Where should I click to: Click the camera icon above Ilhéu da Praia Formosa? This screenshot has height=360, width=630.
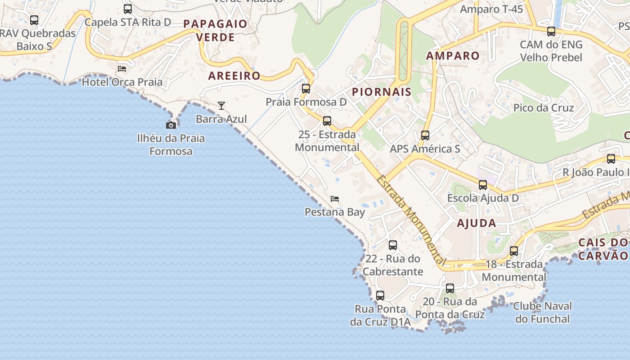pyautogui.click(x=171, y=125)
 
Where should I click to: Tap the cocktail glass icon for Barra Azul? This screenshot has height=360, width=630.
pyautogui.click(x=221, y=106)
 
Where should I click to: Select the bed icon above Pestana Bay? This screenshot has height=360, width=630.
pyautogui.click(x=335, y=199)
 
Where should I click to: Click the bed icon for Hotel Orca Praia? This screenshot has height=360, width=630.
pyautogui.click(x=122, y=69)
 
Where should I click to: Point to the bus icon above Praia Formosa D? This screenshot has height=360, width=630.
pyautogui.click(x=306, y=88)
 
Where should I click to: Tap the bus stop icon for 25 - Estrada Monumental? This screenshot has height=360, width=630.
pyautogui.click(x=327, y=121)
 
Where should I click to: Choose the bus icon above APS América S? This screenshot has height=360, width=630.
pyautogui.click(x=425, y=135)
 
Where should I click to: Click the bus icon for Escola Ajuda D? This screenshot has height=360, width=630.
pyautogui.click(x=483, y=184)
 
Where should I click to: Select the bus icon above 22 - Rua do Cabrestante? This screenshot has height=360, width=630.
pyautogui.click(x=393, y=245)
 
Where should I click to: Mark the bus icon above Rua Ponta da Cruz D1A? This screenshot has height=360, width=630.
pyautogui.click(x=380, y=296)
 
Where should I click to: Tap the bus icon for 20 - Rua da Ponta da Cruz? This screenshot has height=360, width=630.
pyautogui.click(x=450, y=288)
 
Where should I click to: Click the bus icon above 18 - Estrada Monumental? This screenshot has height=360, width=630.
pyautogui.click(x=514, y=251)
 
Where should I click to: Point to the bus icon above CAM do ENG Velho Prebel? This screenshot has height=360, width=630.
pyautogui.click(x=551, y=31)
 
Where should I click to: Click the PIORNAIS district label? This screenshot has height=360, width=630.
pyautogui.click(x=382, y=92)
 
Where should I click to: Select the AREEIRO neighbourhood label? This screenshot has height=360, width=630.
pyautogui.click(x=234, y=76)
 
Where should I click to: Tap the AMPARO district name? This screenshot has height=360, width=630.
pyautogui.click(x=453, y=56)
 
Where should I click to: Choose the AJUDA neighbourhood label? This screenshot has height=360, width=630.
pyautogui.click(x=477, y=223)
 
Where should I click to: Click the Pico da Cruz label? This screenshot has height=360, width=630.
pyautogui.click(x=544, y=108)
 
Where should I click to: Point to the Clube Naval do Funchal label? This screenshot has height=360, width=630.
pyautogui.click(x=543, y=313)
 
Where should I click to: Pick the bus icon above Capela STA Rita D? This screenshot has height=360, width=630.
pyautogui.click(x=128, y=9)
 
